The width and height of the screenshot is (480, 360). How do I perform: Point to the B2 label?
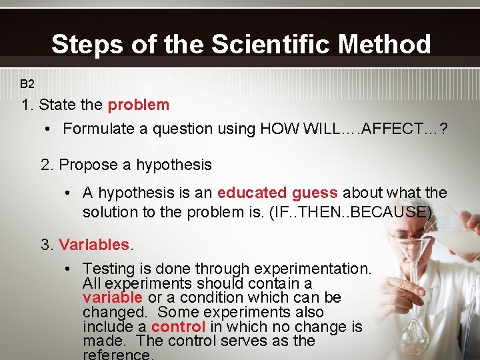tap(27, 84)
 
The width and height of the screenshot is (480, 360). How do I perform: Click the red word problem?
tap(139, 105)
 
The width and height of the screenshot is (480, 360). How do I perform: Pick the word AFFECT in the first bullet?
tap(388, 129)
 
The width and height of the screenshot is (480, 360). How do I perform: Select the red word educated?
tap(252, 193)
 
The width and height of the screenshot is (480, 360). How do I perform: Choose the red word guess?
tap(315, 193)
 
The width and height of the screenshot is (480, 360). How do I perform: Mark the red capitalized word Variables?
tap(93, 245)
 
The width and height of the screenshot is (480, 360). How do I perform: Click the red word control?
tap(178, 327)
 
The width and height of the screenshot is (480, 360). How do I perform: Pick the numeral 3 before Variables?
tap(45, 245)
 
